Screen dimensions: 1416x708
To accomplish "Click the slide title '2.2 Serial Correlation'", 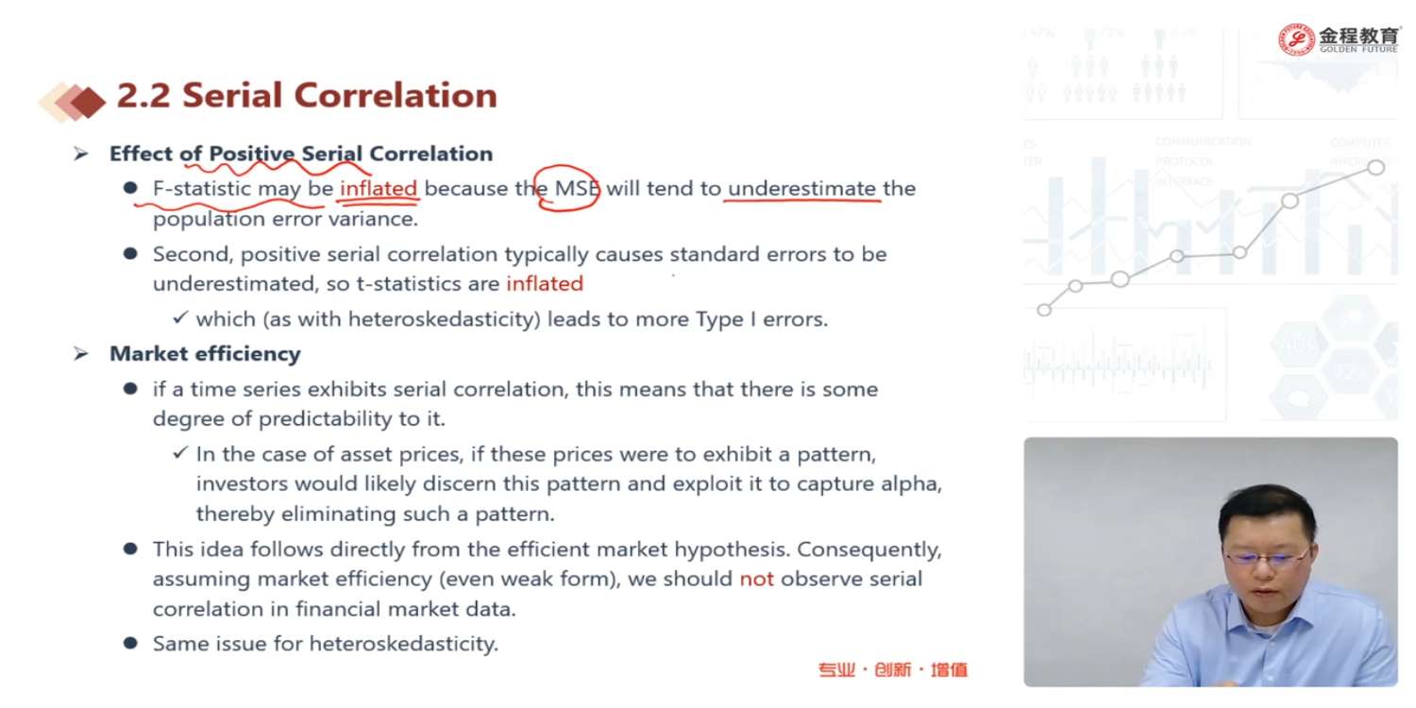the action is click(x=307, y=96).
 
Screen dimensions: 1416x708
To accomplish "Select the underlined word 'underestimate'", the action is click(x=801, y=189).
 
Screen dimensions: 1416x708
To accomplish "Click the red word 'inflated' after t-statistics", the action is click(x=545, y=283).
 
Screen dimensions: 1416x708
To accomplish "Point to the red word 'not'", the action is click(x=757, y=579).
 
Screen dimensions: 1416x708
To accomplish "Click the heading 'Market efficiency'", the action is click(x=205, y=353).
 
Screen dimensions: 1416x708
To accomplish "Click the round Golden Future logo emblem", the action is click(x=1296, y=40).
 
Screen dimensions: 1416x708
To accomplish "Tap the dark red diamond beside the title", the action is click(x=88, y=102).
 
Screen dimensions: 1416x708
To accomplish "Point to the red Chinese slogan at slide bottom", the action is click(x=893, y=669).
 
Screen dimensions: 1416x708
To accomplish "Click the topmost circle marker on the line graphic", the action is click(x=1376, y=167).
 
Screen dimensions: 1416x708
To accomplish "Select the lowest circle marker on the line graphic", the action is click(x=1044, y=310).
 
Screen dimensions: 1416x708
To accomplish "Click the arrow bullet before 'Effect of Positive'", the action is click(x=80, y=154).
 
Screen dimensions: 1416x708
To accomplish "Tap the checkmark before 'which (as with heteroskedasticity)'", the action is click(x=180, y=317).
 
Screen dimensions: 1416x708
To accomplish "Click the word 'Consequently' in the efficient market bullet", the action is click(x=868, y=550).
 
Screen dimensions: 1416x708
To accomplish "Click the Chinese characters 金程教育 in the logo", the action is click(x=1357, y=36).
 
